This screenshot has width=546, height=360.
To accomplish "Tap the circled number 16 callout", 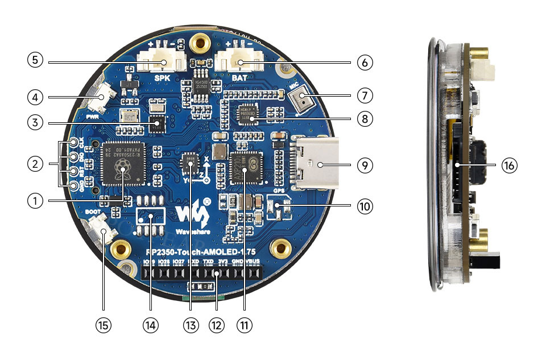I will point(509,165).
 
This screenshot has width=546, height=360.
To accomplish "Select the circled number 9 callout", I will point(365,165).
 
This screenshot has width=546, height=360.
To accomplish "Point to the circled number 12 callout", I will point(217,325).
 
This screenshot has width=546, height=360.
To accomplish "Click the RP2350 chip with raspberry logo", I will point(121,165).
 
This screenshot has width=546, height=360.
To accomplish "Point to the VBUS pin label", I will point(253,260).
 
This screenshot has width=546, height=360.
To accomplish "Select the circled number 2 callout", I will point(35,165).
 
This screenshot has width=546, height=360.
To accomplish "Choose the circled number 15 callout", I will point(104,325).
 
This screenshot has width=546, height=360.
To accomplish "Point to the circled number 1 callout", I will point(35,201).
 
